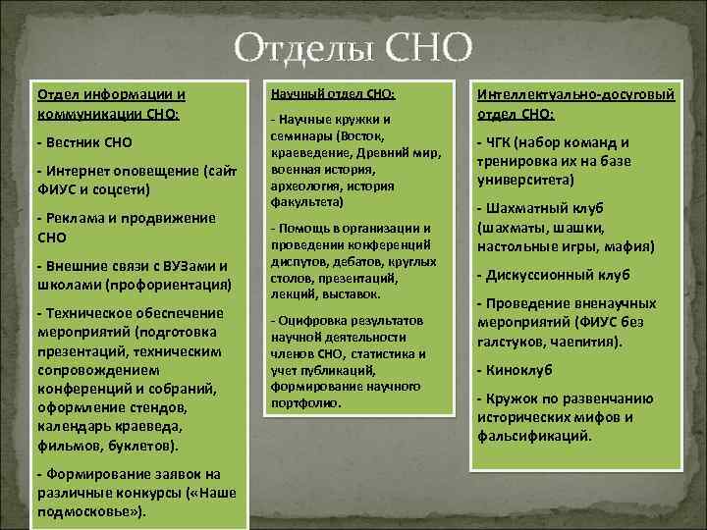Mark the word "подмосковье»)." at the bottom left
pyautogui.click(x=88, y=511)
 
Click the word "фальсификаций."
pyautogui.click(x=535, y=434)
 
